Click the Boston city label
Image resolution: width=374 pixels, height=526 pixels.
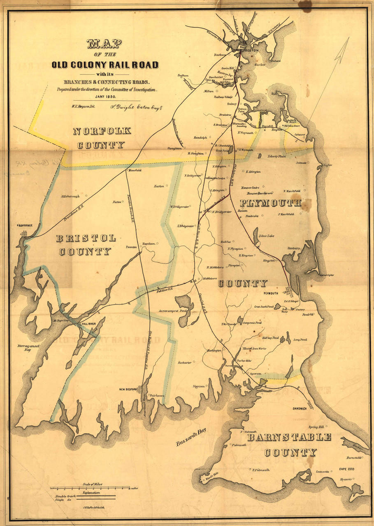pyautogui.click(x=252, y=50)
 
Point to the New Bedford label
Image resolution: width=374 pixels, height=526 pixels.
pyautogui.click(x=128, y=389)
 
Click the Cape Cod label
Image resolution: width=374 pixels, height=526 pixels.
pyautogui.click(x=347, y=469)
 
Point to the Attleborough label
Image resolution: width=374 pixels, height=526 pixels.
pyautogui.click(x=71, y=196)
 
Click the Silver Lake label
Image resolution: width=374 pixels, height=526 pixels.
pyautogui.click(x=267, y=236)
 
